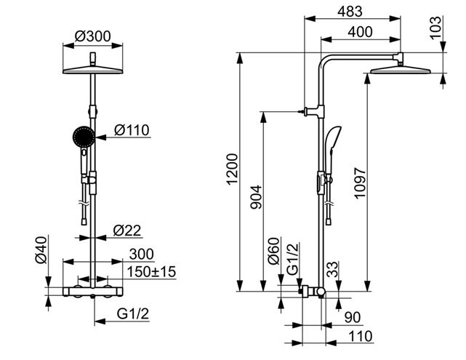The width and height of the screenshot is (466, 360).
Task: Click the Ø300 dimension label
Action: (x=92, y=36)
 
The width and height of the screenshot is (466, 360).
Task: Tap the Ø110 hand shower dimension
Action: (x=132, y=130)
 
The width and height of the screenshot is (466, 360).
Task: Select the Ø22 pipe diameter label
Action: (x=127, y=231)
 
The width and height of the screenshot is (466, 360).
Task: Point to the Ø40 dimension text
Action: (x=41, y=249)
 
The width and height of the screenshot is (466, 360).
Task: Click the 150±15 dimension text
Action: (x=151, y=272)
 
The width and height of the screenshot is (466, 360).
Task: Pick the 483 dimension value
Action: (x=350, y=12)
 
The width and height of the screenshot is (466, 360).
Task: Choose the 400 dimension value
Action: (x=360, y=32)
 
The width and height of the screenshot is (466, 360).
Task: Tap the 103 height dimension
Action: (x=435, y=28)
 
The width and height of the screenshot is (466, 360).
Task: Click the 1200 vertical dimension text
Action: (x=232, y=169)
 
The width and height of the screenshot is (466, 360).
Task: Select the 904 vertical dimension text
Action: (x=256, y=197)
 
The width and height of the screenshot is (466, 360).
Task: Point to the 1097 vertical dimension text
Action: (x=360, y=183)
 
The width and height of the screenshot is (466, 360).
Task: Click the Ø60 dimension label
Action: (x=274, y=251)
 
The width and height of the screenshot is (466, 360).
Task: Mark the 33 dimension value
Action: (x=332, y=269)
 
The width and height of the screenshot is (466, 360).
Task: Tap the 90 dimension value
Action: (x=353, y=317)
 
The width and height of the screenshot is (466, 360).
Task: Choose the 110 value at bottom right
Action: (x=360, y=336)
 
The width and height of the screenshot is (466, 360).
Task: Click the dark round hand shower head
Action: (x=84, y=137)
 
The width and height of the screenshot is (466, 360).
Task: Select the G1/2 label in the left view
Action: (x=133, y=313)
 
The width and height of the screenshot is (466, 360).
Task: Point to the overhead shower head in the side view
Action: (x=401, y=70)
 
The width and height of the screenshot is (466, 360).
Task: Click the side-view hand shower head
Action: (x=333, y=139)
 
